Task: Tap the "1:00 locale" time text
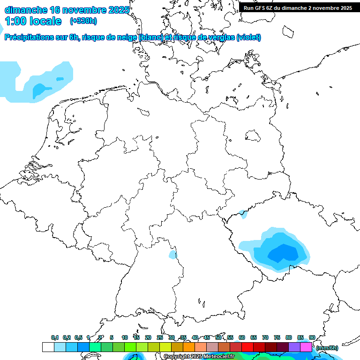point(33,21)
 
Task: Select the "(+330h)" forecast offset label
point(83,21)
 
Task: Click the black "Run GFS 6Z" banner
point(298,7)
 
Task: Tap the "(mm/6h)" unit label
point(327,348)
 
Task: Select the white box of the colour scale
point(48,347)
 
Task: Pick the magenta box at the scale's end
point(306,347)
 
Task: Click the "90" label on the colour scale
point(312,338)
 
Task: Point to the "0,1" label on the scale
point(54,338)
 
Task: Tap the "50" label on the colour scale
point(218,338)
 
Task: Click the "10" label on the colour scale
point(125,338)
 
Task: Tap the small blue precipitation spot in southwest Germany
point(173,255)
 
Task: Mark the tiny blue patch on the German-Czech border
point(243,214)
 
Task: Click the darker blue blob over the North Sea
point(40,90)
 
